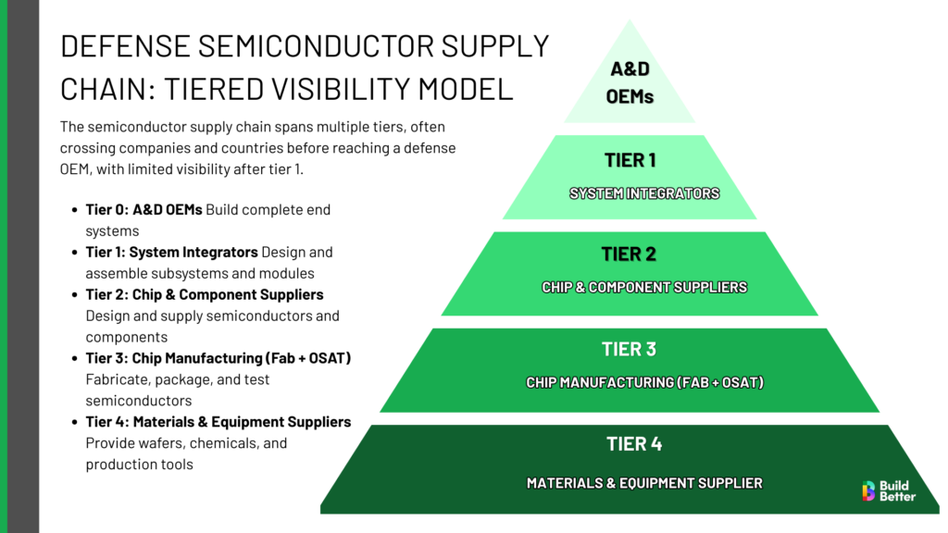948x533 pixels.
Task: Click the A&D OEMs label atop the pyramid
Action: (x=630, y=82)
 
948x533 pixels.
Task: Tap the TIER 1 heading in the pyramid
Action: (x=630, y=160)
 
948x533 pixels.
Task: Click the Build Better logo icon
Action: (x=867, y=491)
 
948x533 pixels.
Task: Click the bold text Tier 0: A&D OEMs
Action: (x=143, y=210)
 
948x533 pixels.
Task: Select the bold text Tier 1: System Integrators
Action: (x=171, y=253)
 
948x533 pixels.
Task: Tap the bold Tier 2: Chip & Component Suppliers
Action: (x=205, y=295)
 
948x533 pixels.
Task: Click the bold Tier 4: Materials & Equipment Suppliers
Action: (x=218, y=422)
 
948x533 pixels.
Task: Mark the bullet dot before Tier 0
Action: (x=74, y=210)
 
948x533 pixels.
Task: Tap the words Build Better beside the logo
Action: (x=896, y=491)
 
